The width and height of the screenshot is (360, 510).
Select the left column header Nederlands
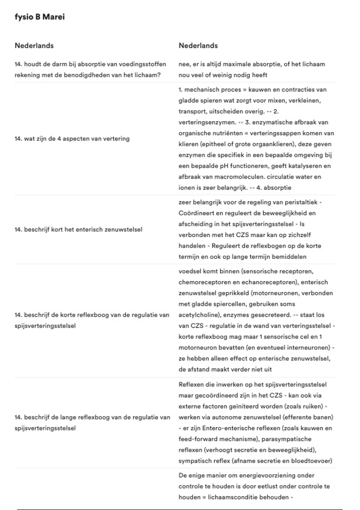pos(34,46)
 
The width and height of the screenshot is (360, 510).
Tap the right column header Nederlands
pos(198,46)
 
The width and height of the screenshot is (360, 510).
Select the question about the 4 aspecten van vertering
pos(72,139)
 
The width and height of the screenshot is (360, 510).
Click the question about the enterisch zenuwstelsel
pos(78,229)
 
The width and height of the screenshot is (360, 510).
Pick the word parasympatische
pos(286,439)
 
